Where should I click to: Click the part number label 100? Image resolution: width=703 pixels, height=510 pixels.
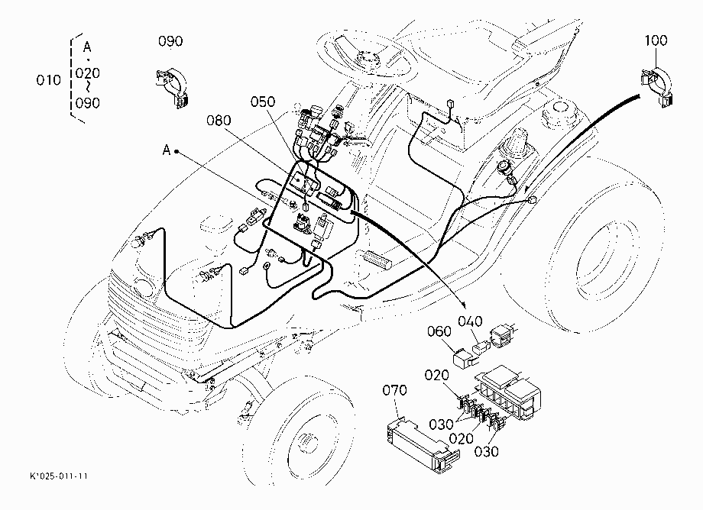click(656, 40)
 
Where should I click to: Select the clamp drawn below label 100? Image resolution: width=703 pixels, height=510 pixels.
click(657, 86)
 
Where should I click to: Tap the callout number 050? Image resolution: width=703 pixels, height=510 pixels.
click(262, 102)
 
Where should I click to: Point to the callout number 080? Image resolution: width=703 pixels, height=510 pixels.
click(219, 120)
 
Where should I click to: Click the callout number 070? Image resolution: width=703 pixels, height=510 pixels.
click(394, 390)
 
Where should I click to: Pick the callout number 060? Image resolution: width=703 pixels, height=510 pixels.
click(439, 331)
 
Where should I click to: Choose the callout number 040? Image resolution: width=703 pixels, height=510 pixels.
click(470, 321)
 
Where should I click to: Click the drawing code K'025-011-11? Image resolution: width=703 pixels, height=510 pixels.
click(59, 476)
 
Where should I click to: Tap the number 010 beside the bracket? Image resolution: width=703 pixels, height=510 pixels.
click(48, 80)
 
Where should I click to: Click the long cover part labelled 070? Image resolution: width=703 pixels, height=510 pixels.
click(422, 444)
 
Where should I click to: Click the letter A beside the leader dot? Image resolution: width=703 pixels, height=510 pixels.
click(167, 150)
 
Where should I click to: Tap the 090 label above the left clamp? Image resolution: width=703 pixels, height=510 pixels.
click(170, 41)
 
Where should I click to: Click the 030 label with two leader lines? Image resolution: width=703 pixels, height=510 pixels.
click(441, 424)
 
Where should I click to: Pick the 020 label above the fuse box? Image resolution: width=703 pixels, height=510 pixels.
click(436, 375)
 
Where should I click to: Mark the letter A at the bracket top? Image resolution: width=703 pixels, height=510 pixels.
click(87, 47)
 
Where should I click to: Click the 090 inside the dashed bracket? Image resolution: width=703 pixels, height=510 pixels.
click(87, 103)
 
